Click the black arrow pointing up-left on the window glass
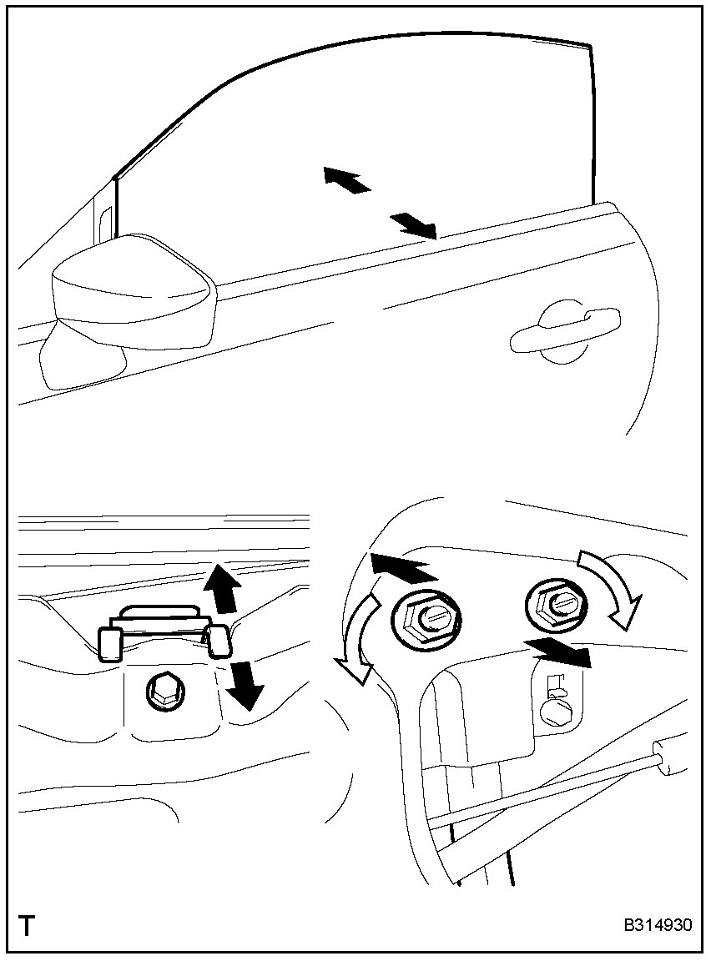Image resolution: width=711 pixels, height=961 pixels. (345, 179)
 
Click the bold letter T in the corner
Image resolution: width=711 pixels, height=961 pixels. (28, 926)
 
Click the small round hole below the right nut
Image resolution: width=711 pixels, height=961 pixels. (556, 710)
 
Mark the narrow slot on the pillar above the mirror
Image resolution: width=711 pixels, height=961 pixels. (105, 225)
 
